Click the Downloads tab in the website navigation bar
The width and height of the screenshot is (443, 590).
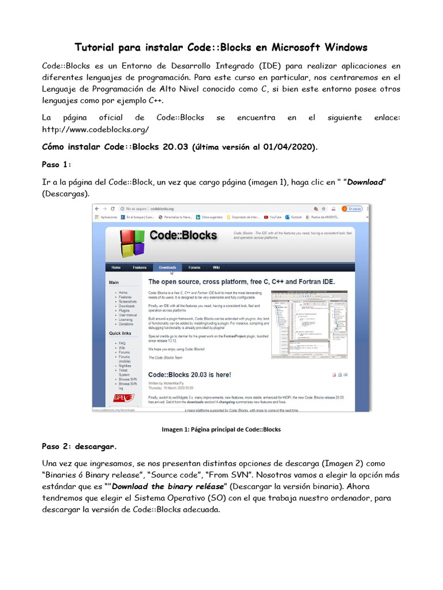pos(167,267)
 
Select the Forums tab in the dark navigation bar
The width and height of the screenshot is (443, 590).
pos(194,267)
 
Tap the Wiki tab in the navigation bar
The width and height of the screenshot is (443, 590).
pos(216,267)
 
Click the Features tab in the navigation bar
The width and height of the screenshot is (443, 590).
pos(140,267)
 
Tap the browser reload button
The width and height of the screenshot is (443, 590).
pos(112,209)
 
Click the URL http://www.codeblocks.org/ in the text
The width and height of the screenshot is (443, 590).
pos(96,130)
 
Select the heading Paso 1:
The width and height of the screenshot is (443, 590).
pos(57,164)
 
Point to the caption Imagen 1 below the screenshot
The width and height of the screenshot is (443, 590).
pos(221,429)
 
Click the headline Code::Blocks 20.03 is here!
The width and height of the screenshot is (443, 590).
pos(190,375)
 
